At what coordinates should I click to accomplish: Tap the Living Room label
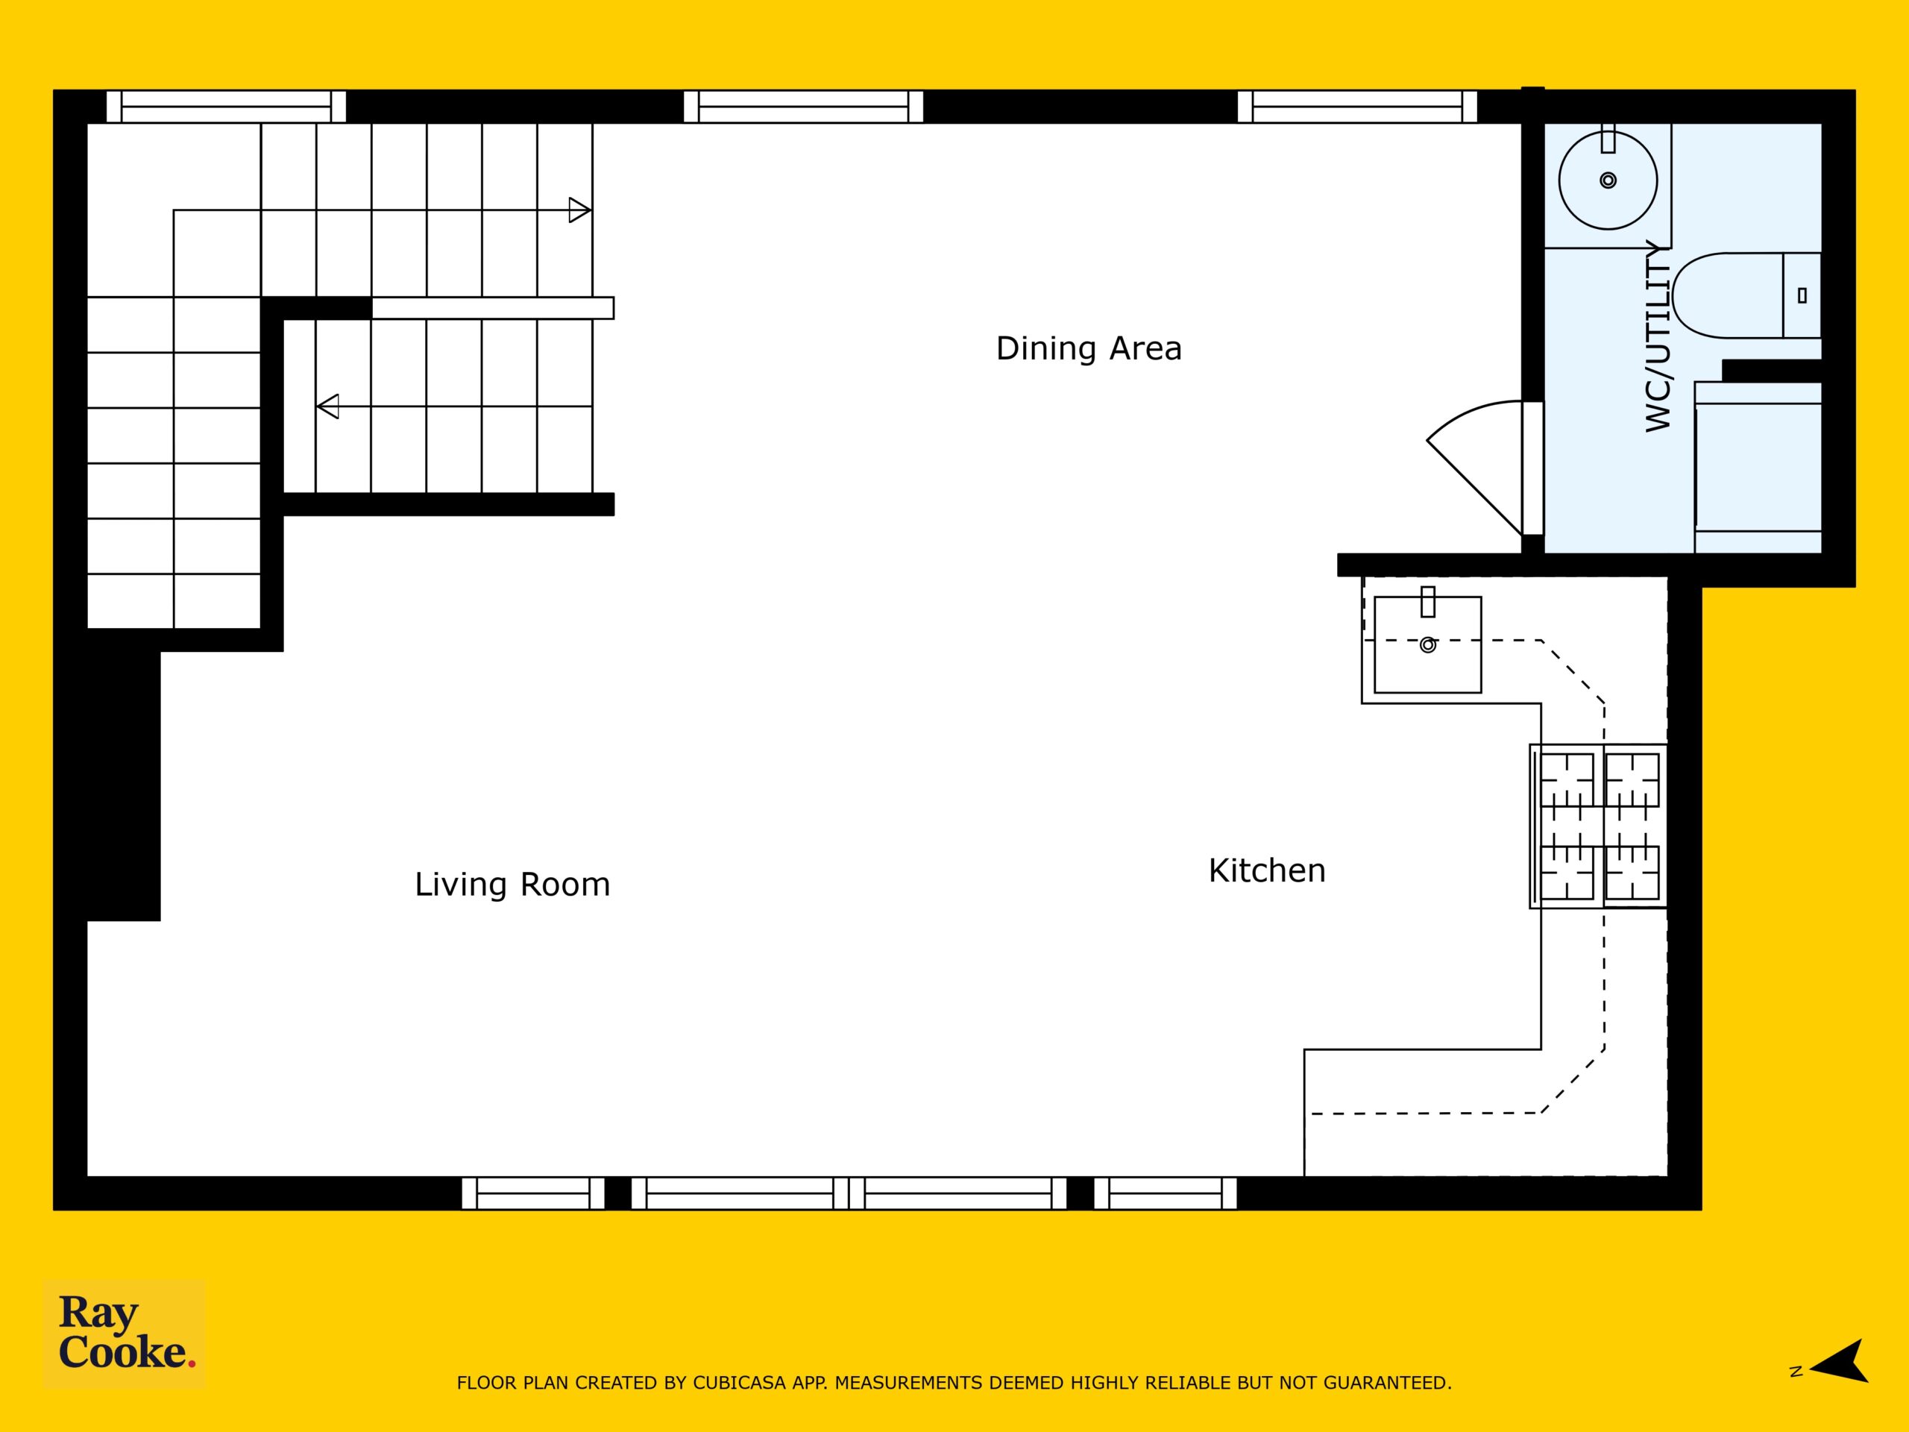(x=512, y=885)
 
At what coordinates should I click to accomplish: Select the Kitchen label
(x=1267, y=871)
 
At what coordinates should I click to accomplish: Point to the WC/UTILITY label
(x=1658, y=336)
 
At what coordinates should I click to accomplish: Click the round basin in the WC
(x=1608, y=180)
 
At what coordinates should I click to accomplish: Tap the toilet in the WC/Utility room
(x=1746, y=295)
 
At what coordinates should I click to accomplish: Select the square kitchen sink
(x=1427, y=644)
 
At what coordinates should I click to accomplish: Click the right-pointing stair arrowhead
(x=580, y=210)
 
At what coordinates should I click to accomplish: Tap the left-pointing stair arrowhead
(x=327, y=406)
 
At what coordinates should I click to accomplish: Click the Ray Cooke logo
(x=125, y=1333)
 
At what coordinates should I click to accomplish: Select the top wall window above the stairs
(x=226, y=106)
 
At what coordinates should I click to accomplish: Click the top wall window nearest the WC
(x=1356, y=106)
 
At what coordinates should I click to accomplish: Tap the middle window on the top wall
(x=803, y=106)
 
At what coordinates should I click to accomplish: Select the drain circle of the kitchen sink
(x=1427, y=645)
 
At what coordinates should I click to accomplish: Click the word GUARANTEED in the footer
(x=1386, y=1384)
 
